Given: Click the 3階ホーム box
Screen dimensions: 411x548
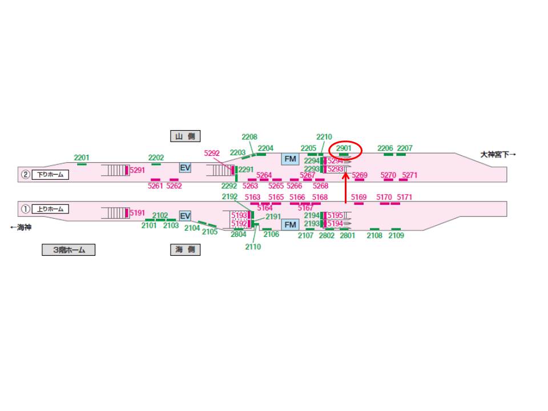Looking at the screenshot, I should pyautogui.click(x=68, y=249).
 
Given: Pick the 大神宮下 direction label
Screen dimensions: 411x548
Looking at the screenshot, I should pyautogui.click(x=498, y=154).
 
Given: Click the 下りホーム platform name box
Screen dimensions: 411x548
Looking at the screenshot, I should pyautogui.click(x=50, y=175).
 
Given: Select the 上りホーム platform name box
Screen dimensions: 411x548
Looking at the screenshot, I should pyautogui.click(x=50, y=209).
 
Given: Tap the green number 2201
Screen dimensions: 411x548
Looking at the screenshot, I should pyautogui.click(x=82, y=158).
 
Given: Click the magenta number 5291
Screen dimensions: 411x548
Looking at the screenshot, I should pyautogui.click(x=138, y=170).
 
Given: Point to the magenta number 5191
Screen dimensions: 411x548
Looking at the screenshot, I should pyautogui.click(x=138, y=213).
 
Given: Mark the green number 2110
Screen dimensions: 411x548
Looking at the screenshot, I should pyautogui.click(x=253, y=247).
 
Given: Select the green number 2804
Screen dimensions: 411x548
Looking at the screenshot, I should pyautogui.click(x=239, y=234).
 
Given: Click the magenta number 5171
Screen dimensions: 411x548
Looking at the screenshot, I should pyautogui.click(x=404, y=198).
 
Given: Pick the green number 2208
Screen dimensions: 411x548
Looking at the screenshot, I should pyautogui.click(x=249, y=137).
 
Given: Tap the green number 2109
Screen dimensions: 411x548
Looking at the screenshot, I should pyautogui.click(x=396, y=235).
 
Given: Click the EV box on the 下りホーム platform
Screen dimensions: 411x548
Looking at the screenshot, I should pyautogui.click(x=185, y=168).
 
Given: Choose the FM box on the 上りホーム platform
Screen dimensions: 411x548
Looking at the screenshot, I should pyautogui.click(x=290, y=224).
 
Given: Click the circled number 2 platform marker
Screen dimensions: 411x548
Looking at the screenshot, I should pyautogui.click(x=25, y=175).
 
